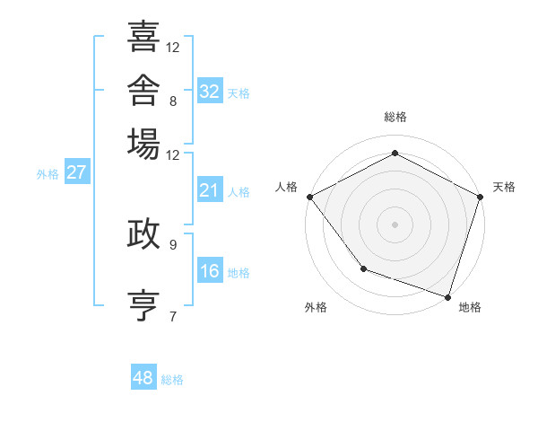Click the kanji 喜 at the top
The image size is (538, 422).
click(x=143, y=36)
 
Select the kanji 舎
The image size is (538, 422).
click(x=143, y=90)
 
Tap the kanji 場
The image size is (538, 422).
click(x=143, y=144)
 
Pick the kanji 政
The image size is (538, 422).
click(x=143, y=233)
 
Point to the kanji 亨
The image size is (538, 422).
click(x=143, y=305)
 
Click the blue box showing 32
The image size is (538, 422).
click(x=210, y=91)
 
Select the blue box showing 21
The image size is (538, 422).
click(x=210, y=189)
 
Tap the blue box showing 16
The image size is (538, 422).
click(x=210, y=269)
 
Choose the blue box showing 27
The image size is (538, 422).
click(x=77, y=171)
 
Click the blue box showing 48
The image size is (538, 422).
click(x=143, y=376)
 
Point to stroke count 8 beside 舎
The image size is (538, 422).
click(x=173, y=101)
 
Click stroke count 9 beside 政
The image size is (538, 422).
click(x=173, y=245)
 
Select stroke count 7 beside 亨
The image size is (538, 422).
click(x=173, y=317)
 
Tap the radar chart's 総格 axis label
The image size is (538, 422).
click(x=395, y=117)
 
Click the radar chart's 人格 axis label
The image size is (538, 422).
click(x=286, y=187)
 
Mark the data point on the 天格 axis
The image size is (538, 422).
click(x=481, y=197)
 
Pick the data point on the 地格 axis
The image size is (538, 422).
click(x=447, y=297)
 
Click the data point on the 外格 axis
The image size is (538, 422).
click(x=364, y=268)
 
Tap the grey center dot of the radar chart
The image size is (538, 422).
click(x=395, y=224)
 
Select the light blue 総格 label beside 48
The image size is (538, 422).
click(x=172, y=380)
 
